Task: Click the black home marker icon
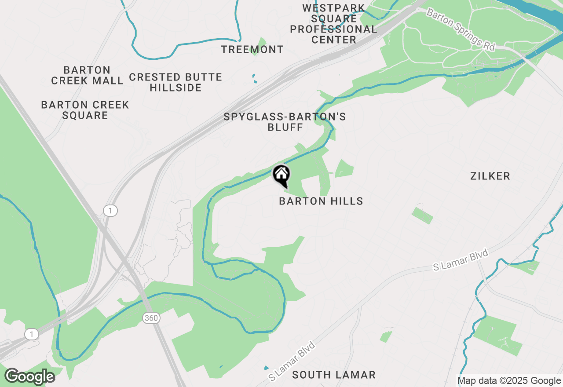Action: click(281, 175)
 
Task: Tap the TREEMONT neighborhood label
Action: click(252, 49)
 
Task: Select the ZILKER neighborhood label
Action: click(490, 176)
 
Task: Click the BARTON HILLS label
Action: click(321, 201)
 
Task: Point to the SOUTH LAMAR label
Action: click(334, 375)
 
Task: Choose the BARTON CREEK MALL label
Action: click(87, 75)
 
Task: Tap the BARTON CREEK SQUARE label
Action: click(85, 110)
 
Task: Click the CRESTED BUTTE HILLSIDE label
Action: click(175, 82)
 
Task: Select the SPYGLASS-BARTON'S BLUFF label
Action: click(285, 122)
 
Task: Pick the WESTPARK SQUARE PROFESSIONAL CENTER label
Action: click(333, 24)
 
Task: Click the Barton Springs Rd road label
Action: click(461, 29)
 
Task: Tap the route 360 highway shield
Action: click(151, 318)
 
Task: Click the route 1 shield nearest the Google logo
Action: click(31, 335)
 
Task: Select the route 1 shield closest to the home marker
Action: click(110, 211)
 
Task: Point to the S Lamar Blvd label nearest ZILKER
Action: click(461, 260)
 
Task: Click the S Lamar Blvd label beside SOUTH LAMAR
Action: click(292, 361)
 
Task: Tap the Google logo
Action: click(29, 376)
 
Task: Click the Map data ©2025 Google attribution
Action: click(509, 381)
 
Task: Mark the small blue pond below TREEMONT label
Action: click(254, 79)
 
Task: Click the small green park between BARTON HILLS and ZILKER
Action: click(422, 215)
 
